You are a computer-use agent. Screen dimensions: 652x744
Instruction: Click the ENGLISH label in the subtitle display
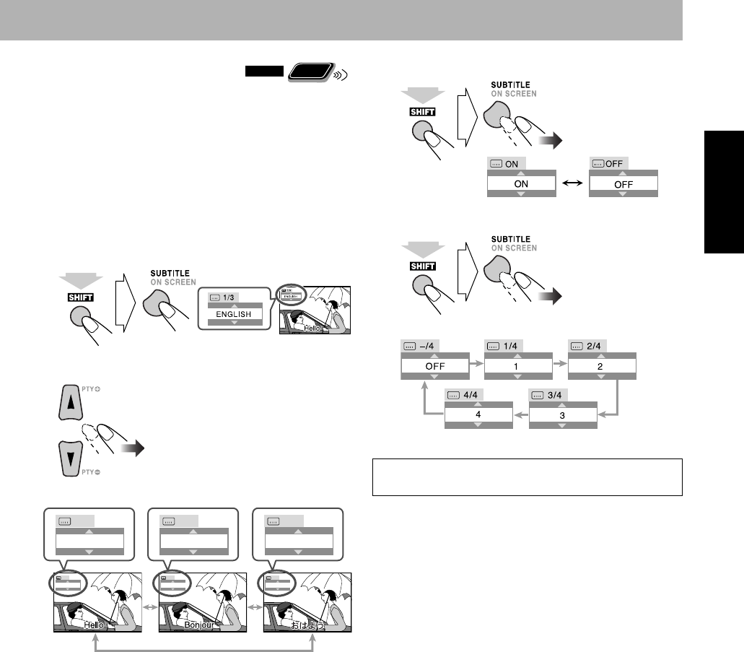click(x=233, y=315)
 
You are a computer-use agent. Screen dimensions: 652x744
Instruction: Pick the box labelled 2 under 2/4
click(x=602, y=366)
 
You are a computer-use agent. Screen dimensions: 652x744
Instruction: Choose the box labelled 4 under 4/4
click(x=478, y=415)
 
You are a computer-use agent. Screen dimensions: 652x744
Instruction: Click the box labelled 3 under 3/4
click(x=563, y=415)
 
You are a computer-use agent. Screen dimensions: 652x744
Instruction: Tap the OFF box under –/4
click(x=434, y=366)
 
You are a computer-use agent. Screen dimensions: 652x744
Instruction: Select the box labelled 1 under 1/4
click(x=518, y=366)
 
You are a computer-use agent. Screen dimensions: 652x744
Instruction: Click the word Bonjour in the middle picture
click(x=198, y=623)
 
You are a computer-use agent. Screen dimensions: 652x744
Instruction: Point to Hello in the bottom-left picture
click(x=95, y=623)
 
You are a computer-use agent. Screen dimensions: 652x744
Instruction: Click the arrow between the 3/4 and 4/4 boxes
click(x=521, y=415)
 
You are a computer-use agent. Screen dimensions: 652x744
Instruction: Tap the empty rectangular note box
click(x=527, y=477)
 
